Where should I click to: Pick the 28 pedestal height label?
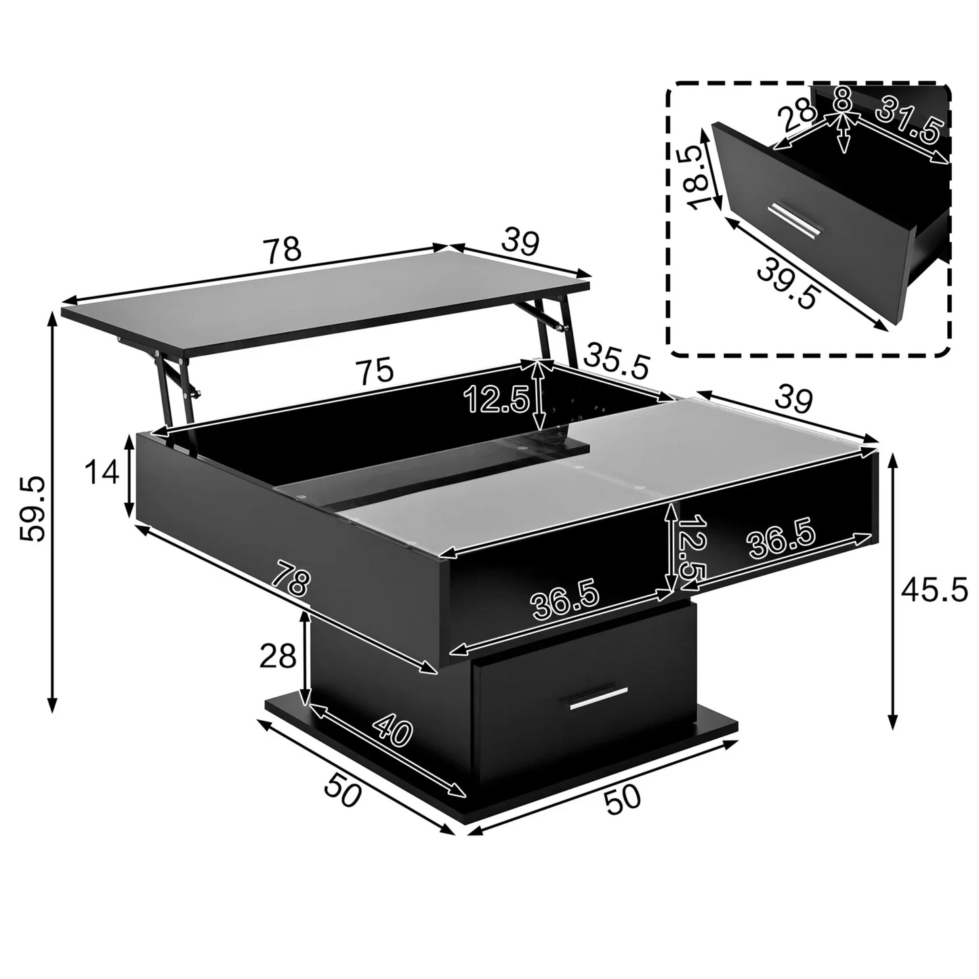click(x=278, y=656)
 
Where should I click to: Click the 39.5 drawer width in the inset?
click(x=786, y=284)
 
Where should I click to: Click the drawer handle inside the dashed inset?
click(x=795, y=220)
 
